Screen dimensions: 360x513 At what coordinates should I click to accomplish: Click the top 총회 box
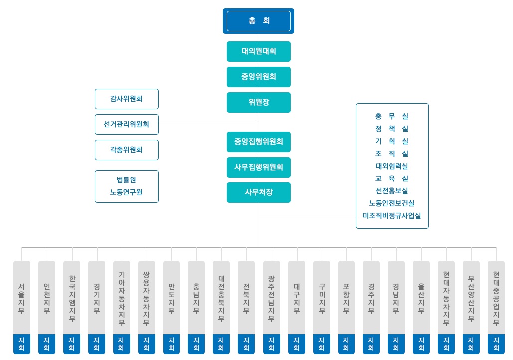pyautogui.click(x=258, y=21)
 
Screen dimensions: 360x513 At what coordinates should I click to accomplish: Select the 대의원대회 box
pyautogui.click(x=258, y=51)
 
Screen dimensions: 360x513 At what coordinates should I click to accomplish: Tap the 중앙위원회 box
pyautogui.click(x=258, y=77)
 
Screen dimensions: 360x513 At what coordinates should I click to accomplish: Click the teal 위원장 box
pyautogui.click(x=258, y=102)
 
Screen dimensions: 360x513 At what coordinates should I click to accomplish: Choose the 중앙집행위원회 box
pyautogui.click(x=258, y=142)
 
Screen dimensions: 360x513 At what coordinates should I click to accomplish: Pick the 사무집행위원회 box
pyautogui.click(x=258, y=167)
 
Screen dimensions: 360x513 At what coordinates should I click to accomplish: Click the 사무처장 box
pyautogui.click(x=258, y=192)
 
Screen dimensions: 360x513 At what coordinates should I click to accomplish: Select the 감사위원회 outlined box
pyautogui.click(x=126, y=99)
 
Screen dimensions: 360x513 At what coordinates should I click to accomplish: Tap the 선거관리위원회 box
pyautogui.click(x=126, y=124)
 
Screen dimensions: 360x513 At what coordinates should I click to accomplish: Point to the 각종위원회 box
pyautogui.click(x=126, y=150)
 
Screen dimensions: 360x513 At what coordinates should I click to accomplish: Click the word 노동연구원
pyautogui.click(x=126, y=192)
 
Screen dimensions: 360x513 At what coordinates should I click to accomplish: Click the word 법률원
pyautogui.click(x=126, y=180)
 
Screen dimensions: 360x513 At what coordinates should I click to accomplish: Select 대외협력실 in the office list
pyautogui.click(x=392, y=166)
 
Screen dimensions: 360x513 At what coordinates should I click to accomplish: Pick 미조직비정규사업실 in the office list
pyautogui.click(x=392, y=216)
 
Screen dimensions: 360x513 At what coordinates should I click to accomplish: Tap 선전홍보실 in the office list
pyautogui.click(x=392, y=191)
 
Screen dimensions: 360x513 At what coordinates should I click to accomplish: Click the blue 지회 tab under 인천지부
pyautogui.click(x=46, y=344)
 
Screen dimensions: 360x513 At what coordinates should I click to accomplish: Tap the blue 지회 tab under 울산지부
pyautogui.click(x=421, y=344)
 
